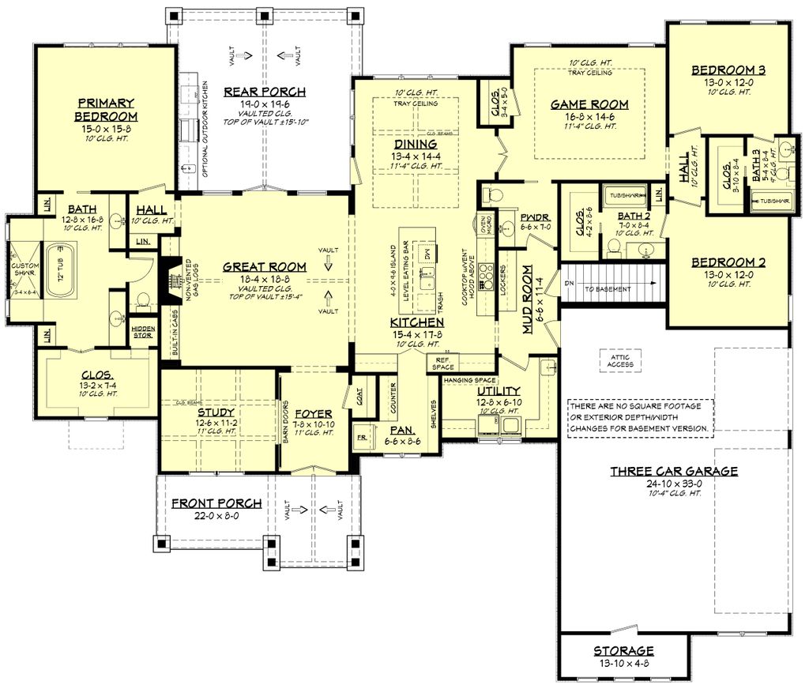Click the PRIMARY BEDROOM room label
point(107,110)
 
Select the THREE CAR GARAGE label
point(674,472)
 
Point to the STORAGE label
point(623,651)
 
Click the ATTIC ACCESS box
point(621,360)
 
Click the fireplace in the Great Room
point(170,281)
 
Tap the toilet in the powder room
point(489,194)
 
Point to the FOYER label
point(314,414)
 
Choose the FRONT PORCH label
point(216,503)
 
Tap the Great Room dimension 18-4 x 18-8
point(253,279)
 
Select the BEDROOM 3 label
point(728,70)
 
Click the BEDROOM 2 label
point(728,262)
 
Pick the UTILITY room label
point(499,391)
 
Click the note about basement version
point(641,418)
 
